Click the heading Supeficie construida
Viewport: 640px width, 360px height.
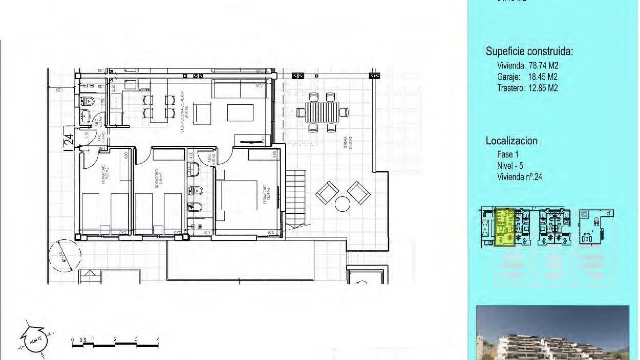[529, 51]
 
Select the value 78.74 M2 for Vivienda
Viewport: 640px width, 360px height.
[543, 65]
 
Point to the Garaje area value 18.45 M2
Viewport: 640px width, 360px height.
[543, 77]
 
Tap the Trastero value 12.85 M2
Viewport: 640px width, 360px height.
[543, 88]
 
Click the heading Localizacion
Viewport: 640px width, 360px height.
[511, 141]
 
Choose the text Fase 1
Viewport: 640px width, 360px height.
[508, 154]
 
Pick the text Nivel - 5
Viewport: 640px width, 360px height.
[510, 165]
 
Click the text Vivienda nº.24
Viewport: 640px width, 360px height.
[519, 177]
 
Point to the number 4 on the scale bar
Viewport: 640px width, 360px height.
[158, 339]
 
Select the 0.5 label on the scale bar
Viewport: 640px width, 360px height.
[83, 340]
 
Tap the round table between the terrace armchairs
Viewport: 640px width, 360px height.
[343, 204]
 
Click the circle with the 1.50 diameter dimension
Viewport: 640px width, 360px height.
[64, 256]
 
